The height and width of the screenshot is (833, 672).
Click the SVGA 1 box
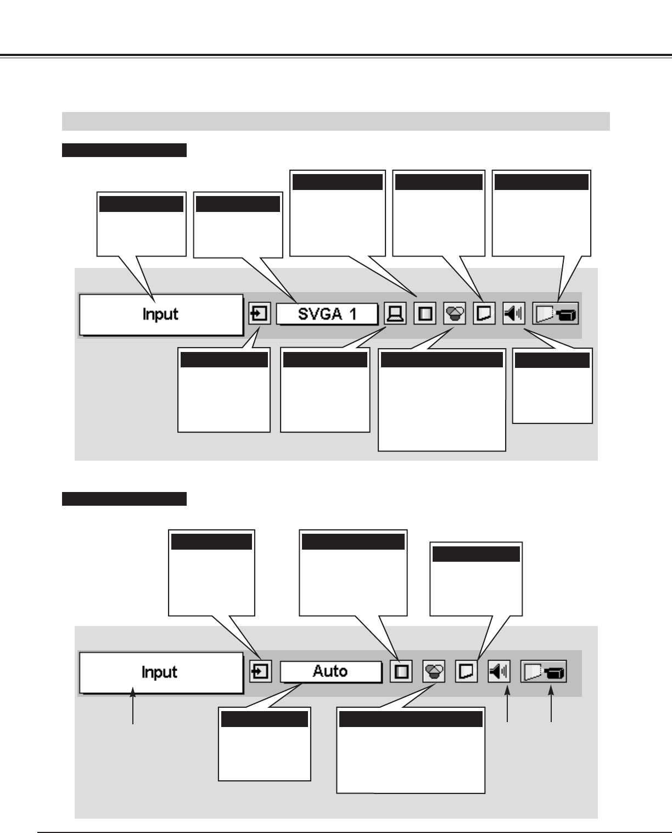pos(327,315)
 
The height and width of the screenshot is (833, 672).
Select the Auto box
pos(331,672)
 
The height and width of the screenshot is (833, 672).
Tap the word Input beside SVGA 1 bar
pos(160,315)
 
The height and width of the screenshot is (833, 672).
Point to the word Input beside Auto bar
pos(159,672)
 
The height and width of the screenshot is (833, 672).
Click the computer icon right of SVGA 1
pos(395,315)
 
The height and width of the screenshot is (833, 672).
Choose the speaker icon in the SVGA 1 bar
pos(514,315)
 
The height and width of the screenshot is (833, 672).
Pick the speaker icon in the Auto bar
pos(499,672)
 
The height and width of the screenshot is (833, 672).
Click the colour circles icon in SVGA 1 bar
pos(454,315)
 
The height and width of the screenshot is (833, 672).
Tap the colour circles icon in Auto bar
pos(434,672)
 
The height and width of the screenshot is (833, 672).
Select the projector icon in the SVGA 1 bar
pos(556,315)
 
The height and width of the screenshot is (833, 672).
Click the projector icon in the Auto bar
pos(544,672)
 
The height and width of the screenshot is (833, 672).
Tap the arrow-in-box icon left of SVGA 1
pos(260,315)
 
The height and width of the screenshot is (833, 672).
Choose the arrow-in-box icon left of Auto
pos(260,672)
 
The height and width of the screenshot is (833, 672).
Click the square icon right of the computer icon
pos(424,315)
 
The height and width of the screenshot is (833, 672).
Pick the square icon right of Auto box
pos(401,672)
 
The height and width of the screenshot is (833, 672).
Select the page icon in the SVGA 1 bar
pos(484,315)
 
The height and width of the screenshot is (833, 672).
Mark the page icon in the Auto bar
pos(466,672)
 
